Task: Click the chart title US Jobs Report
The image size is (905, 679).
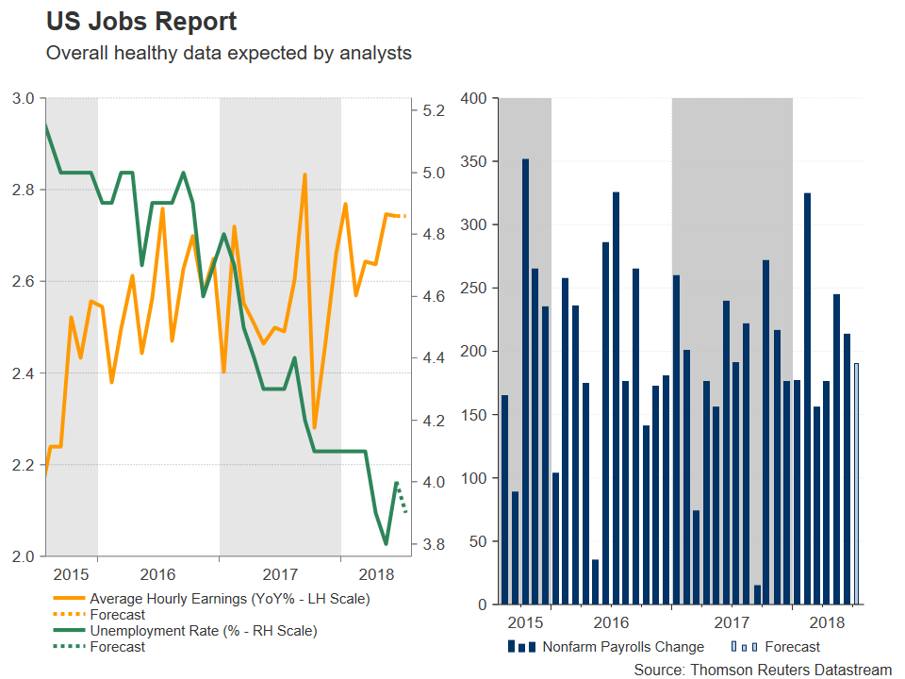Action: (x=141, y=22)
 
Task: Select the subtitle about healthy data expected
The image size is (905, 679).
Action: (x=229, y=53)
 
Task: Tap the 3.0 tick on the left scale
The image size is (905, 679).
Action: (x=24, y=98)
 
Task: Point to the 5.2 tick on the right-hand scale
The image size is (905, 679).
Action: (x=434, y=110)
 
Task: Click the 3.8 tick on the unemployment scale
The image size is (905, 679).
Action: (x=434, y=544)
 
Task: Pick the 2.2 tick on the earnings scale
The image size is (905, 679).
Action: (x=24, y=465)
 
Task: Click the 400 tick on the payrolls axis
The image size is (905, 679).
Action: (x=471, y=98)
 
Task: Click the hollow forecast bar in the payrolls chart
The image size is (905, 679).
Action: (x=857, y=483)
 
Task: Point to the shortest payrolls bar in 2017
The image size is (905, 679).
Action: (x=757, y=594)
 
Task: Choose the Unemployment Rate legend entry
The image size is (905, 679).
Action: (x=203, y=630)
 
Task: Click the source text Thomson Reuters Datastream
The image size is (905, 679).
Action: (x=763, y=669)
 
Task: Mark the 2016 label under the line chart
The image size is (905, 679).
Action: (x=156, y=574)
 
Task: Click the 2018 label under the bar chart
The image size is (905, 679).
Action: (x=827, y=622)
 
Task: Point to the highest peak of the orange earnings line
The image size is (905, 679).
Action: (x=304, y=174)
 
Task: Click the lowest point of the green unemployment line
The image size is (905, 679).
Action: (x=386, y=544)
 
